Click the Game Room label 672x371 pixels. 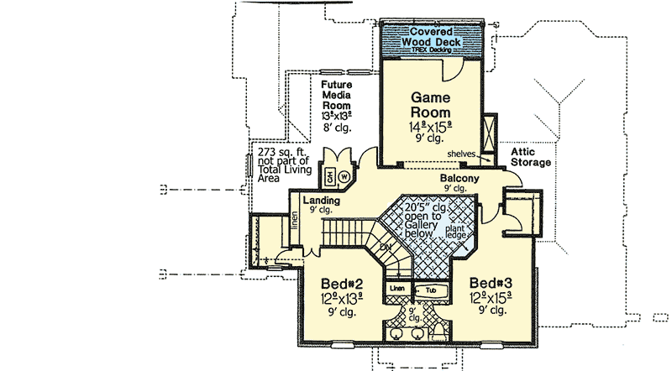pyautogui.click(x=430, y=105)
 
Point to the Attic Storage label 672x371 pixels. pyautogui.click(x=531, y=156)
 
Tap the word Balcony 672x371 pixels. pyautogui.click(x=459, y=179)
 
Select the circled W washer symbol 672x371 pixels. pyautogui.click(x=344, y=176)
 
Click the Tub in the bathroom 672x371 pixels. pyautogui.click(x=430, y=290)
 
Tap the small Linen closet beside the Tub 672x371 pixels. pyautogui.click(x=398, y=290)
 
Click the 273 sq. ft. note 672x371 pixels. pyautogui.click(x=283, y=152)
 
